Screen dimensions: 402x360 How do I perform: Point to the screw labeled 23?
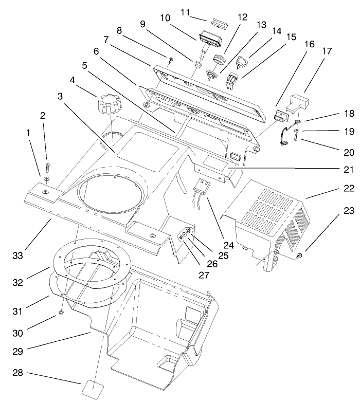pyautogui.click(x=300, y=255)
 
